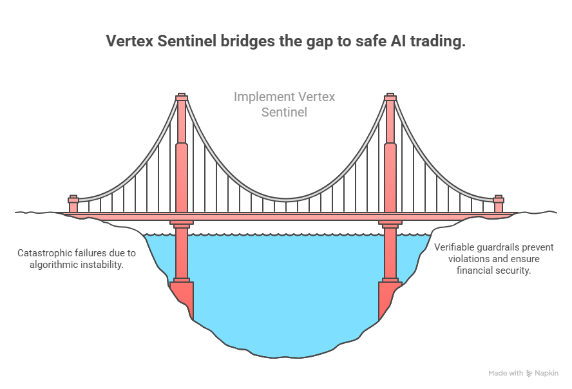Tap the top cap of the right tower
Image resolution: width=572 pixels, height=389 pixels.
[x=390, y=97]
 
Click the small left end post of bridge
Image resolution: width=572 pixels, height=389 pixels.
[x=73, y=204]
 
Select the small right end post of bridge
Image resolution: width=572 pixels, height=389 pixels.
[x=498, y=204]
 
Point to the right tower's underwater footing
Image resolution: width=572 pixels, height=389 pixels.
[x=389, y=293]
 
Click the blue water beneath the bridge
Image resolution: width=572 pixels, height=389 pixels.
[x=283, y=290]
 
